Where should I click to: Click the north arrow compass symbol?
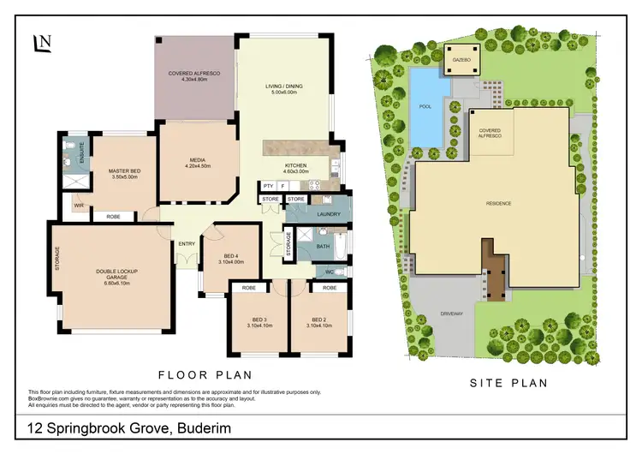(41, 44)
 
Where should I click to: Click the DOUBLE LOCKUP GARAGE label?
(116, 276)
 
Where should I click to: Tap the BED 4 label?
(231, 257)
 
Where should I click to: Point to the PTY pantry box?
(268, 185)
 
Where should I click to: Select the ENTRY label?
(187, 243)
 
